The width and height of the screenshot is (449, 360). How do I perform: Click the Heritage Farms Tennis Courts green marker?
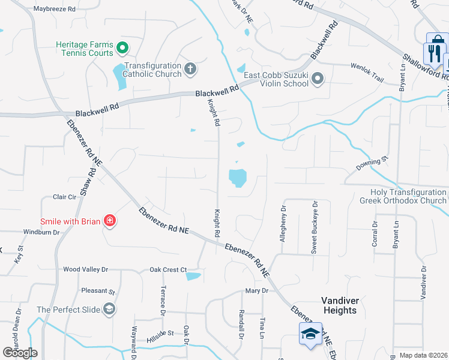122,47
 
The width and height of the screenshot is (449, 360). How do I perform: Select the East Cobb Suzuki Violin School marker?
318,78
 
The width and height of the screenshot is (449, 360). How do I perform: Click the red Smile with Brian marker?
109,221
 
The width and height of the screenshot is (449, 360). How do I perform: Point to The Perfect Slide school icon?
109,310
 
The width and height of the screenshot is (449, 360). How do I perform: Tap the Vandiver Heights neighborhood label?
339,305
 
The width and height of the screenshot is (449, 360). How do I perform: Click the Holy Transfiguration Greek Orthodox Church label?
403,196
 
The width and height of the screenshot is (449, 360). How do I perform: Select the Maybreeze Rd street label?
55,10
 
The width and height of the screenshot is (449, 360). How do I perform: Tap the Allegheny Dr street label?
283,223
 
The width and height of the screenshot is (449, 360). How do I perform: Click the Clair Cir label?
65,197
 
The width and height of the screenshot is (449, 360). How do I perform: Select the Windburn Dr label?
41,232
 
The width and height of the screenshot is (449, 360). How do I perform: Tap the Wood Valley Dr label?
85,270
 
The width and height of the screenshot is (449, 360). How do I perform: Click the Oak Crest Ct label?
169,270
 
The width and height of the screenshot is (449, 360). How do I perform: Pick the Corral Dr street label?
375,234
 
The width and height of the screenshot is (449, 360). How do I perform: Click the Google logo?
20,353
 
